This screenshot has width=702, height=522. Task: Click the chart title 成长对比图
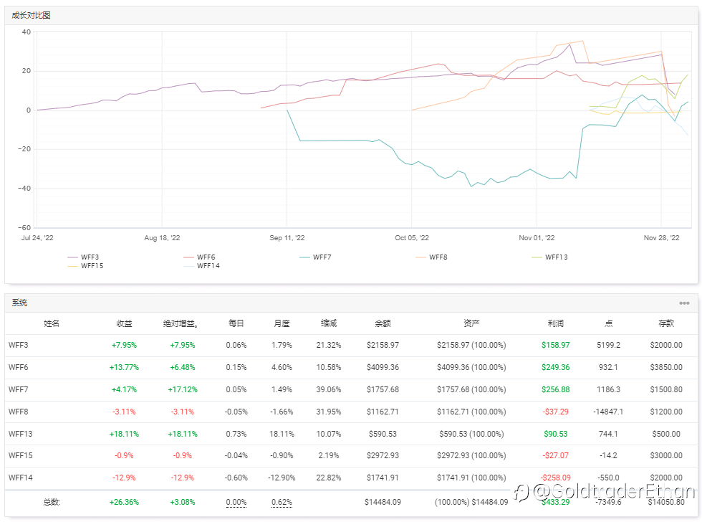coord(32,15)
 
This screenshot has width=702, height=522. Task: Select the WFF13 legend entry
coord(556,257)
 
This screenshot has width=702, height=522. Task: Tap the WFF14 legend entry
coord(208,266)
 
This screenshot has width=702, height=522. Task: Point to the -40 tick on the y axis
coord(25,189)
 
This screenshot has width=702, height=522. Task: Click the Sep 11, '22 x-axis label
coord(287,238)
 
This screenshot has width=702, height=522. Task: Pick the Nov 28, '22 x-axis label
coord(661,238)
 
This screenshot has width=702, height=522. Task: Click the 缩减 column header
coord(328,323)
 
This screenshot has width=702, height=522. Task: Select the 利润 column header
coord(556,323)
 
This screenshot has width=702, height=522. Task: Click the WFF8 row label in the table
coord(19,412)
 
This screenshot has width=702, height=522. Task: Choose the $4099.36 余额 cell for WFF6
coord(383,367)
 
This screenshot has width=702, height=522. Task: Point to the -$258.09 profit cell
coord(556,478)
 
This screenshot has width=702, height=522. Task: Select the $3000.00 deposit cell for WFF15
coord(666,455)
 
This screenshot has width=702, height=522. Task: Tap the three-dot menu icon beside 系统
coord(684,303)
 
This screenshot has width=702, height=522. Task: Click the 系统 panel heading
coord(19,303)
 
